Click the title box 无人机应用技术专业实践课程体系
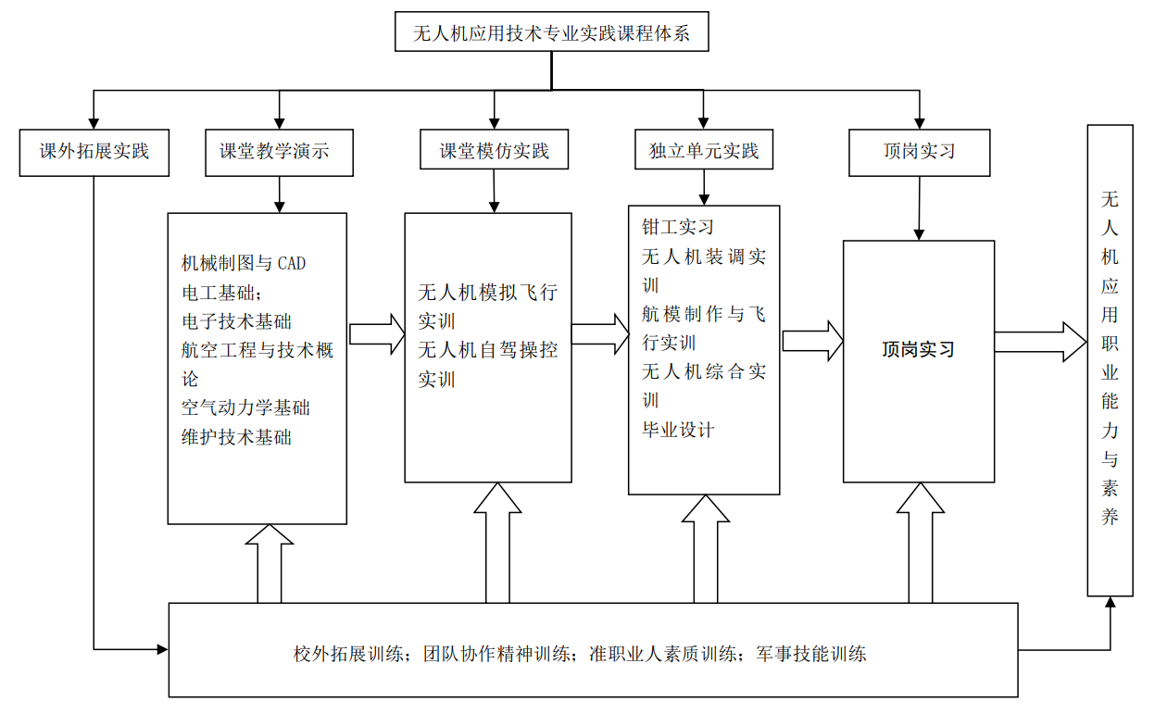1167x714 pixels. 551,34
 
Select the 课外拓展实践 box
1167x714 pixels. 94,152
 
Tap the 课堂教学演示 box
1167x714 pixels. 279,152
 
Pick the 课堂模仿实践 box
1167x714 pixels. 494,152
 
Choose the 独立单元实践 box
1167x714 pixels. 704,152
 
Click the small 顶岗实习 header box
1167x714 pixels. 919,152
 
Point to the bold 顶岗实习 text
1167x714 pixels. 918,350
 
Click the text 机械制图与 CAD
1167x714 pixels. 244,264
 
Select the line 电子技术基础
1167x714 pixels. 236,321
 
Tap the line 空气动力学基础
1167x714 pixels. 245,408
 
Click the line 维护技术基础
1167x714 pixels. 236,437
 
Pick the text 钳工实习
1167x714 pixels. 678,228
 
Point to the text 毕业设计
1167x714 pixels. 678,430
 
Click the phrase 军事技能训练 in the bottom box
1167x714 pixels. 811,654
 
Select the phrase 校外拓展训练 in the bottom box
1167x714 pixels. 349,654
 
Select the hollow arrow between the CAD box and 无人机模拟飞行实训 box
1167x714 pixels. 377,334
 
